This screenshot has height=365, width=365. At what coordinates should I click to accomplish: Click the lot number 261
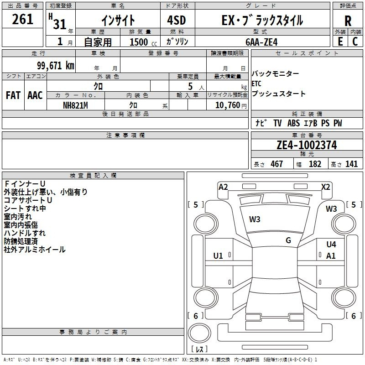(x=22, y=19)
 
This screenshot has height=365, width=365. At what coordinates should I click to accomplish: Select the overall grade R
(x=348, y=21)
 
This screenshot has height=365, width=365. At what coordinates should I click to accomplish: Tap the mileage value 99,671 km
(x=56, y=66)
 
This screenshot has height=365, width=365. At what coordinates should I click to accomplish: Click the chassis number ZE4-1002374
(x=307, y=145)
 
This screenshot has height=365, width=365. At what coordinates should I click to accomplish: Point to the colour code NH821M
(x=75, y=105)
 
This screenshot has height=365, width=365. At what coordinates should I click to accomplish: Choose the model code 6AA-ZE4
(x=261, y=42)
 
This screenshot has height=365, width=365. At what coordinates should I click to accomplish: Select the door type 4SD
(x=177, y=20)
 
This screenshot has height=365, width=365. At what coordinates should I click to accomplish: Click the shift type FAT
(x=13, y=95)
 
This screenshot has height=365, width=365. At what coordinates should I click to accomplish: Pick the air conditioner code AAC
(x=35, y=95)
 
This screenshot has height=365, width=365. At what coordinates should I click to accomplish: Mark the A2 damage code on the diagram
(x=223, y=187)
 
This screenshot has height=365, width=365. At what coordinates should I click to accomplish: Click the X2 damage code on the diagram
(x=325, y=187)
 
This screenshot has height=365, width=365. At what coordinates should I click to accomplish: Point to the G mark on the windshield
(x=288, y=240)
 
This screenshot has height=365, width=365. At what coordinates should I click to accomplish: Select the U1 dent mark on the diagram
(x=218, y=256)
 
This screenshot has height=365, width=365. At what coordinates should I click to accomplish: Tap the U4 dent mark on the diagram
(x=331, y=244)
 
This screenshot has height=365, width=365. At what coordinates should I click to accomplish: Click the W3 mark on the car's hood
(x=255, y=219)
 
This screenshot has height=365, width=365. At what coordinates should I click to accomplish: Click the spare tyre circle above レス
(x=199, y=333)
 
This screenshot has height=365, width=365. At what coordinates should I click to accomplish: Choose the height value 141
(x=351, y=164)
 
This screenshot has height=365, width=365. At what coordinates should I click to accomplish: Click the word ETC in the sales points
(x=256, y=83)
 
